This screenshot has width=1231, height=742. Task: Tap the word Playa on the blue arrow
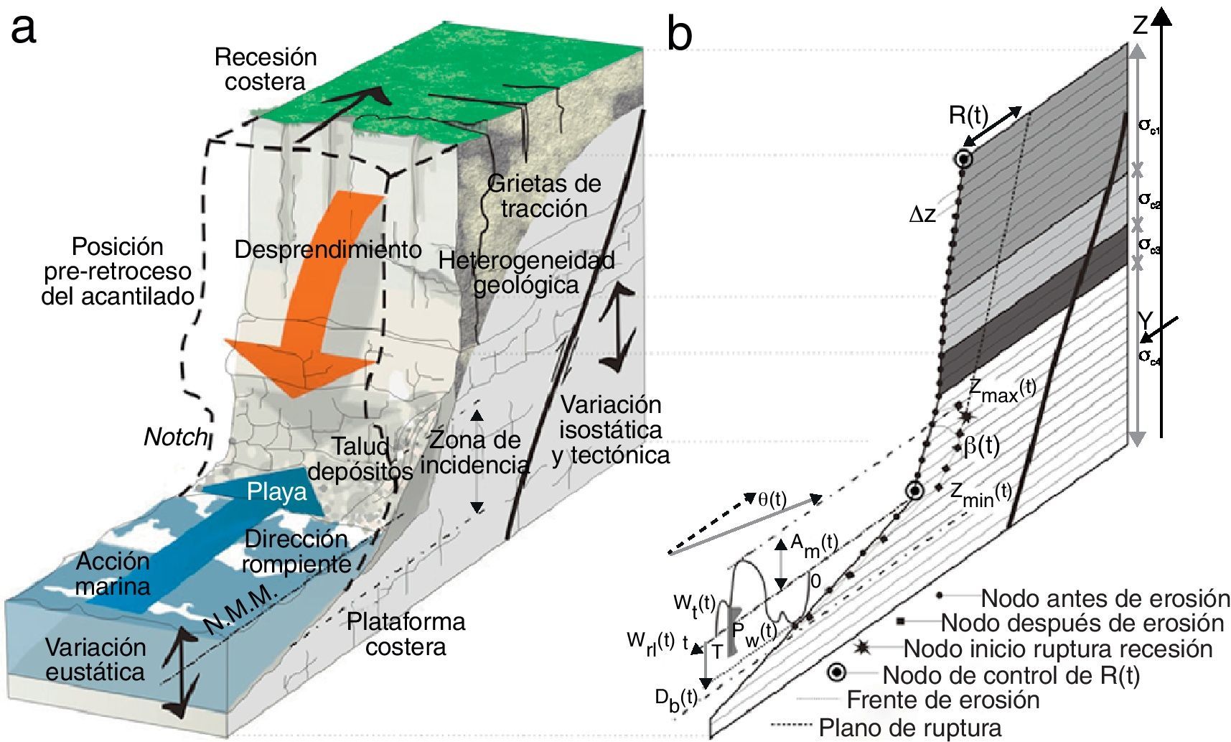coord(276,492)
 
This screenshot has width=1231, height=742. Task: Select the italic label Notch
coord(175,436)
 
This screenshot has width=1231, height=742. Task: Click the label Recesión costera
coord(266,69)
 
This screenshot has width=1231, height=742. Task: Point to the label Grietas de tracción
coord(544,195)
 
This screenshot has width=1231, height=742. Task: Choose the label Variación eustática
coord(95,659)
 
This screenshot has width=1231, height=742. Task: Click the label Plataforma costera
coord(406,634)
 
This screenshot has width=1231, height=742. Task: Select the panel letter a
coord(23,30)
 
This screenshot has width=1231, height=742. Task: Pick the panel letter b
coord(679,34)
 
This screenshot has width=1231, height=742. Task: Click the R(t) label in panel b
coord(968,115)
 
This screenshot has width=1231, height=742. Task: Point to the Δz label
coord(922,215)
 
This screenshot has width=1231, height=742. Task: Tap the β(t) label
coord(981,446)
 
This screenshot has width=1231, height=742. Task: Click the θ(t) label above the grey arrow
coord(772,499)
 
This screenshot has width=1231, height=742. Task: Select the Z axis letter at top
coord(1141,26)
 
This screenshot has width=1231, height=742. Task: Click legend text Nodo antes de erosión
coord(1105,598)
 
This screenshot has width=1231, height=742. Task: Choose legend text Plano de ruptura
coord(909,728)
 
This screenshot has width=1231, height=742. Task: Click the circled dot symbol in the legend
coord(836,673)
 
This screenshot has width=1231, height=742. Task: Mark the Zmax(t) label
coord(1002,390)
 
